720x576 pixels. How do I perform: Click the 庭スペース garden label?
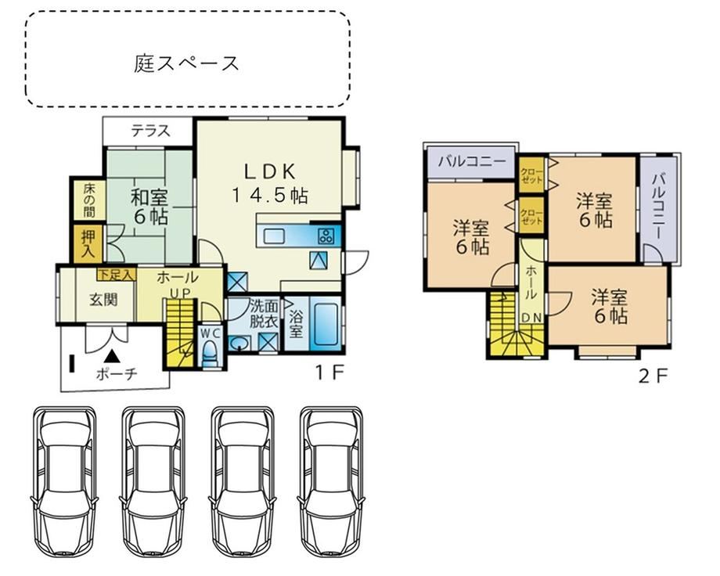(x=186, y=63)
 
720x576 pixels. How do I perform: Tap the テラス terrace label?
(x=150, y=131)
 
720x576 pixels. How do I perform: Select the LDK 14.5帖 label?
(x=269, y=184)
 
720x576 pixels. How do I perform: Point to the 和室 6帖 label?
(x=149, y=207)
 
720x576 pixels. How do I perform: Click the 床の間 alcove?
(x=88, y=200)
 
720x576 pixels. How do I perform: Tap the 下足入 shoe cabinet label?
(x=117, y=275)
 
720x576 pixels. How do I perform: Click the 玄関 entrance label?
(x=104, y=300)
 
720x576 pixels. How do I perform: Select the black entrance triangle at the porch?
(x=112, y=355)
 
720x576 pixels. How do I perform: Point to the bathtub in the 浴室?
(x=325, y=323)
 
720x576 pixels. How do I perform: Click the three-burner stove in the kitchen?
(x=326, y=236)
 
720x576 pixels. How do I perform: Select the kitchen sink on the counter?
(x=274, y=236)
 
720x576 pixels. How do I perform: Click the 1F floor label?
(x=329, y=373)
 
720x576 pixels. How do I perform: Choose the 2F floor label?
(x=653, y=376)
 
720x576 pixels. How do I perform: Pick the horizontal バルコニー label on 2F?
(x=472, y=161)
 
